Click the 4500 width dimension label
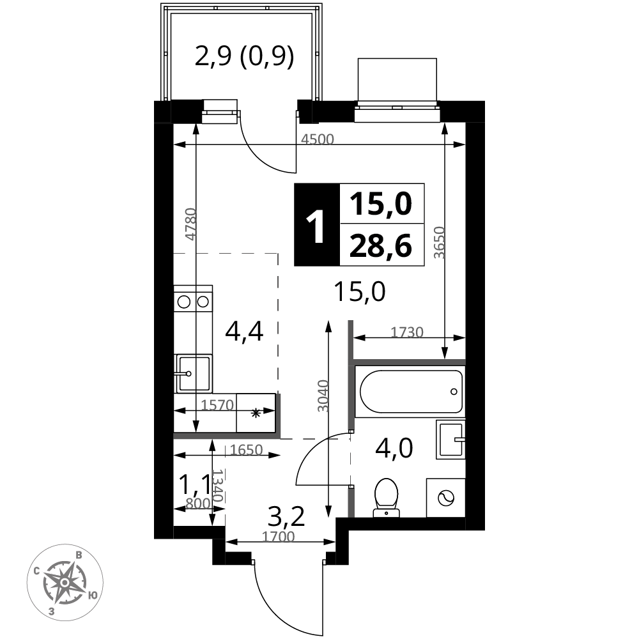317,139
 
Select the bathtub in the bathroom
410,392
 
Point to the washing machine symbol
446,498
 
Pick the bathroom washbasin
450,440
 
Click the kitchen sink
193,373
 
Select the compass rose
65,583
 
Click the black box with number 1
317,225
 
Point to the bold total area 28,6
381,247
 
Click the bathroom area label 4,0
394,448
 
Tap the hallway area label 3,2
286,517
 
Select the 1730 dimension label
406,332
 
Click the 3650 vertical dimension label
440,242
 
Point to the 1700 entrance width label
278,537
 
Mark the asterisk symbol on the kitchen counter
256,413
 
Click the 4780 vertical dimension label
190,224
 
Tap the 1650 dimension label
246,449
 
